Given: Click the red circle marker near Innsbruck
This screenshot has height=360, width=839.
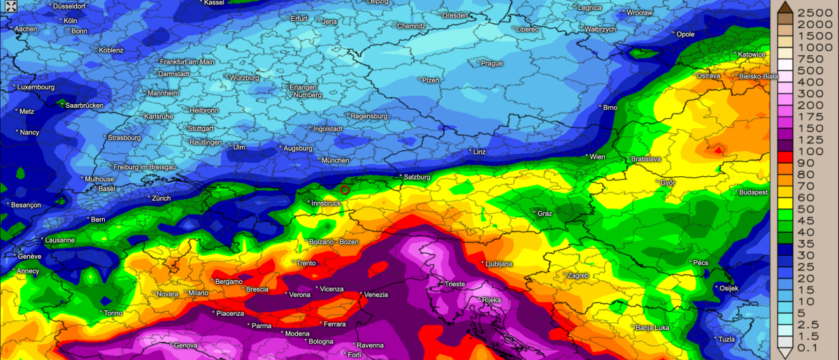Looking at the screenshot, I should tap(345, 189).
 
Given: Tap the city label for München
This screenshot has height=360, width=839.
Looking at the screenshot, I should tap(336, 161).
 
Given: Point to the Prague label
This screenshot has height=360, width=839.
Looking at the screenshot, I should tap(492, 64).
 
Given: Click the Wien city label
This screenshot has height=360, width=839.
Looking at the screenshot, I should tap(597, 157).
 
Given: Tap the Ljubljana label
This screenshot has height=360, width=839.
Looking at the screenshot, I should tap(499, 264).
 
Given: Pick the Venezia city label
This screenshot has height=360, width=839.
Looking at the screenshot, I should tap(376, 295).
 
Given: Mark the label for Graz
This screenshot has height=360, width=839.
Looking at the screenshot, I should tap(545, 214).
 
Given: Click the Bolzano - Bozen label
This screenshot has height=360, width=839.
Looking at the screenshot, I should tap(334, 243).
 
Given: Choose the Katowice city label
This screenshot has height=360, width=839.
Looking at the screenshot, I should tap(752, 55).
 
